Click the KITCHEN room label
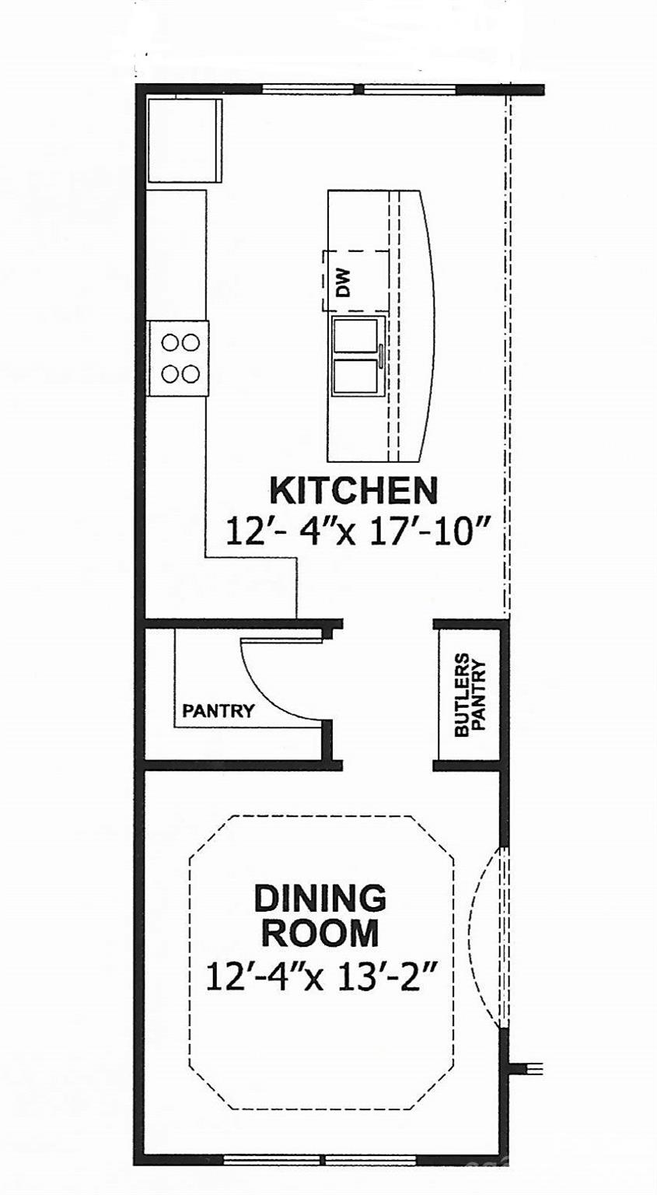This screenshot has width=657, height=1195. (353, 491)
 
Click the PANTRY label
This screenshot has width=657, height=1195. (218, 710)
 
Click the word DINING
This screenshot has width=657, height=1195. (320, 899)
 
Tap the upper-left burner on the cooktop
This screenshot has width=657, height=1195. (170, 342)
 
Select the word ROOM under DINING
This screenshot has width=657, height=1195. (320, 933)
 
